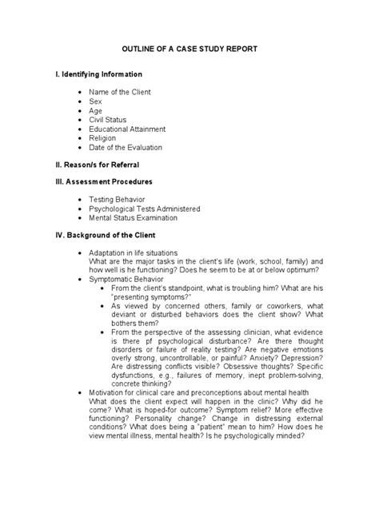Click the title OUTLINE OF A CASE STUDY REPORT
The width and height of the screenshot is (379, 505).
pos(189,49)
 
